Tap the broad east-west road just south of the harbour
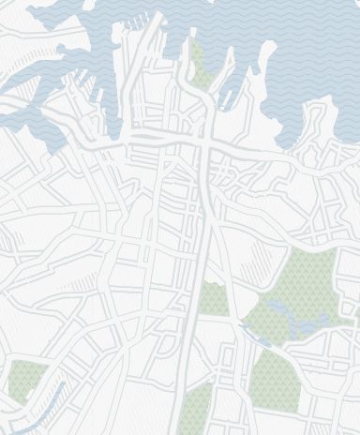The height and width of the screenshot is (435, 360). click(159, 142)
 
